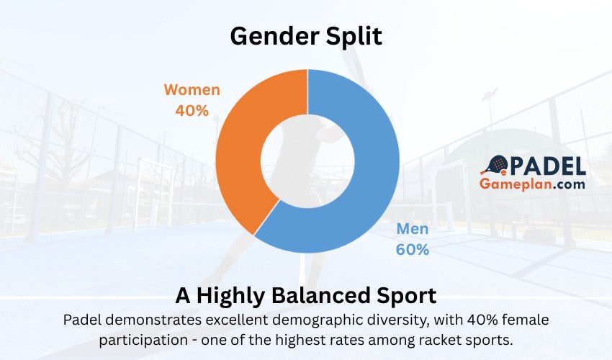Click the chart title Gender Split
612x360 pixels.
pyautogui.click(x=306, y=36)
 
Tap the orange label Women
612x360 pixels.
pyautogui.click(x=192, y=91)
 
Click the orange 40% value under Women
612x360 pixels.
pyautogui.click(x=192, y=111)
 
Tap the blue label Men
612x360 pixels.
pyautogui.click(x=413, y=230)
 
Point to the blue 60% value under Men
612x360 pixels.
pyautogui.click(x=413, y=250)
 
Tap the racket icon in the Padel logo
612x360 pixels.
pyautogui.click(x=495, y=167)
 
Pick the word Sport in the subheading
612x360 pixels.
pyautogui.click(x=410, y=296)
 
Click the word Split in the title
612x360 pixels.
pyautogui.click(x=355, y=36)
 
